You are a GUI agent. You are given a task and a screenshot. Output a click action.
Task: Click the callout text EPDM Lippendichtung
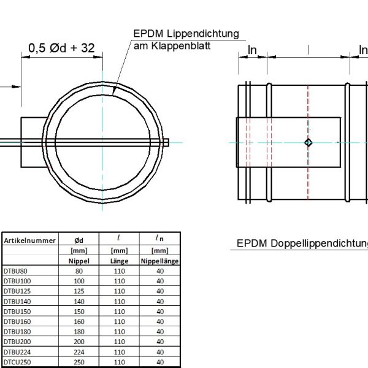click(185, 34)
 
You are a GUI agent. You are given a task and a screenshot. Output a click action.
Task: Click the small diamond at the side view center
click(309, 143)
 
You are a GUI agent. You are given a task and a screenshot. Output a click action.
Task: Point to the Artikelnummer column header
click(31, 241)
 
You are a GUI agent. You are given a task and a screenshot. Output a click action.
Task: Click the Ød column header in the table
click(79, 241)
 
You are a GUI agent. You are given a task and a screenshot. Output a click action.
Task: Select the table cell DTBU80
click(16, 270)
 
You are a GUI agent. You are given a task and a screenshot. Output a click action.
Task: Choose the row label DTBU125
click(18, 291)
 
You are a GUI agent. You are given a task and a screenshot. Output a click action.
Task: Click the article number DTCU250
click(18, 362)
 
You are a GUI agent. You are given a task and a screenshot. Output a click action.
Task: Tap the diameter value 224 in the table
click(79, 352)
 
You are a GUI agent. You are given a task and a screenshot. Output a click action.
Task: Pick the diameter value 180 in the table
click(79, 332)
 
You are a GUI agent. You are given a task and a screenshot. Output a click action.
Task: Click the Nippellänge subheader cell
click(159, 261)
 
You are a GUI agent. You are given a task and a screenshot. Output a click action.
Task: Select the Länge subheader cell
click(120, 261)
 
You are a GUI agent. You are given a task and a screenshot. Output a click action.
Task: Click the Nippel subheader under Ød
click(79, 261)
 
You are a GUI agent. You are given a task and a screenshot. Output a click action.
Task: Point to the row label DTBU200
click(18, 342)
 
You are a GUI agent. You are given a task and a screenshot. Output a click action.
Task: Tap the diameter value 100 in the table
click(79, 281)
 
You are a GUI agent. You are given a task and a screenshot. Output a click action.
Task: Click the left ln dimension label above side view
click(252, 50)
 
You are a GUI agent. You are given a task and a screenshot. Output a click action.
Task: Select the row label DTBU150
click(18, 312)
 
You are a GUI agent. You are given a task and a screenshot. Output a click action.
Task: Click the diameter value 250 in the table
click(79, 362)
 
